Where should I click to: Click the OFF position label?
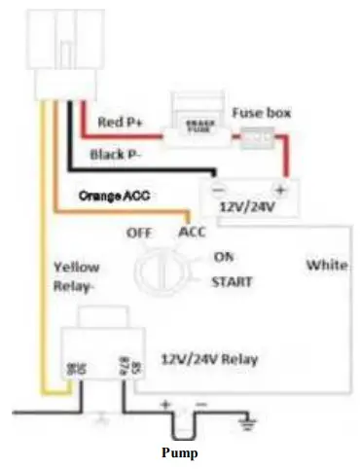141,234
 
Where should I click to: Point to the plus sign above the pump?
165,402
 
